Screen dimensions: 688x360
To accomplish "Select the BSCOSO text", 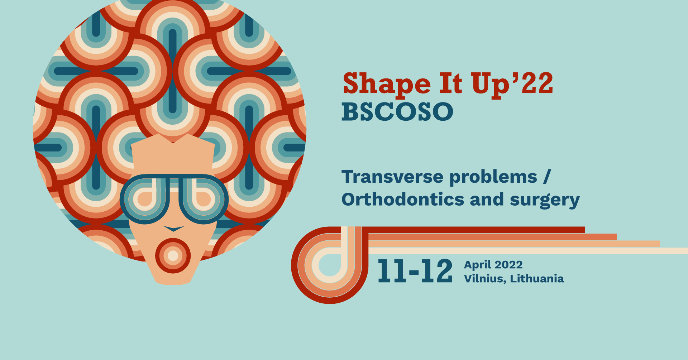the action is (397, 112).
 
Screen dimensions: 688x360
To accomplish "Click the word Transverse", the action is (392, 177).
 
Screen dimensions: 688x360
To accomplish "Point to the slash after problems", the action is (546, 177).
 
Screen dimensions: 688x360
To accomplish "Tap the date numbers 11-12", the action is (415, 271).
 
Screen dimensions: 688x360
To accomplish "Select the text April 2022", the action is (493, 265).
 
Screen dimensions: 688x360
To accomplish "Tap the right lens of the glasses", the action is (203, 199).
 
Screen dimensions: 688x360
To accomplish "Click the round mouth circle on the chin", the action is (173, 256).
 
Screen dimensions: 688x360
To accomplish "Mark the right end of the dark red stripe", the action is (584, 230).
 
